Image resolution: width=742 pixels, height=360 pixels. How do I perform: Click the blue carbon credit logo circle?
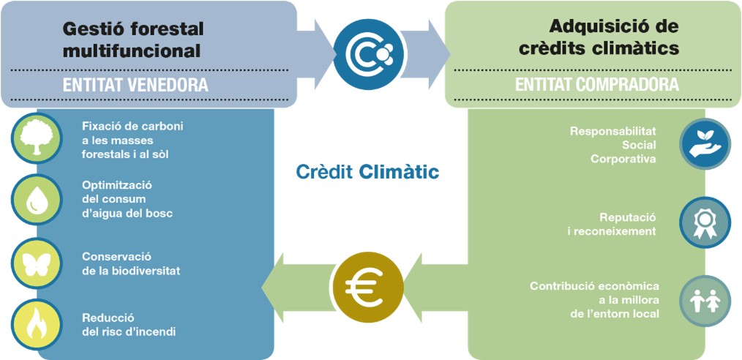coord(369,54)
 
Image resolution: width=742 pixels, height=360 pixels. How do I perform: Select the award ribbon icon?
coord(705,222)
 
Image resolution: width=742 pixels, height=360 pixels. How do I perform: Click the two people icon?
coord(705,301)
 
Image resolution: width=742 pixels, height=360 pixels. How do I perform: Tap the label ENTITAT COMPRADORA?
coord(596,85)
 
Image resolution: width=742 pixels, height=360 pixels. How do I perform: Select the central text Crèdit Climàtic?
coord(367,172)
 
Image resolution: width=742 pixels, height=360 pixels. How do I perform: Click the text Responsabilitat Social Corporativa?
coord(613,145)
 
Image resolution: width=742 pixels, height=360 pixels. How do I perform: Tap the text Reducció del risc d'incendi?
coord(129,325)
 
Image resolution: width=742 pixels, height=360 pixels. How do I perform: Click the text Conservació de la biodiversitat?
coord(131,263)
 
